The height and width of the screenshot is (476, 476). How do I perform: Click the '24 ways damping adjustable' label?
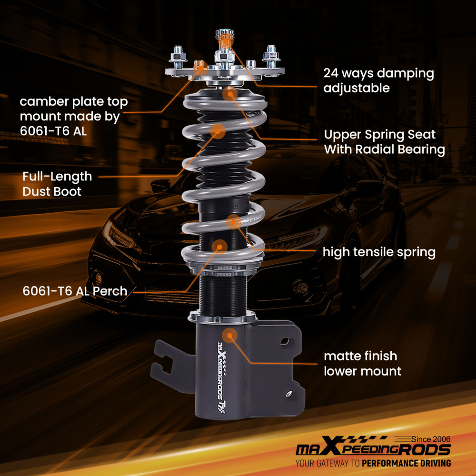(x=378, y=80)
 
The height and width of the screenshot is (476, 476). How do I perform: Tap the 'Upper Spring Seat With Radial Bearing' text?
(x=384, y=142)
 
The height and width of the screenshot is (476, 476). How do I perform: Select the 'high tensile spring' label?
(x=379, y=252)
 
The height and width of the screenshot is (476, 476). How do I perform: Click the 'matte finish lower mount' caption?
(x=362, y=363)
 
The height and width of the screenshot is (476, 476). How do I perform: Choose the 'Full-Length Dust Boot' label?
(x=57, y=184)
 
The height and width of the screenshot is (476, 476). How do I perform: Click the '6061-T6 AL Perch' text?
(x=75, y=291)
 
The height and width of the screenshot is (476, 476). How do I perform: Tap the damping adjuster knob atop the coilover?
(x=225, y=36)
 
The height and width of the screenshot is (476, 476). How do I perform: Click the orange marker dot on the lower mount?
(x=229, y=335)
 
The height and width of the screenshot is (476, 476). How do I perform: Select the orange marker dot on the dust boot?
(x=218, y=130)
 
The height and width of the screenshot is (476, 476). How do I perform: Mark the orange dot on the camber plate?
(x=199, y=65)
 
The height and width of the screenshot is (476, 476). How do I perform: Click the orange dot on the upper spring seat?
(x=230, y=93)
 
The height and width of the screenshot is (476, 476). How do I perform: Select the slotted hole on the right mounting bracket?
(x=285, y=341)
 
